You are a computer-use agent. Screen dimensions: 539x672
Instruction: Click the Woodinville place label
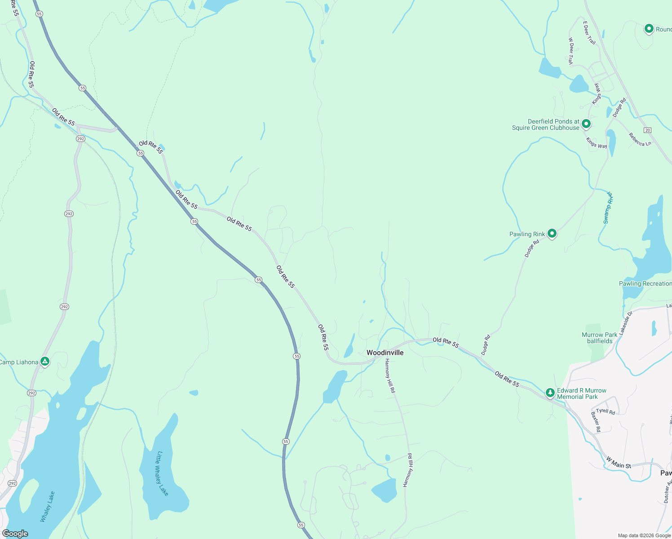[385, 353]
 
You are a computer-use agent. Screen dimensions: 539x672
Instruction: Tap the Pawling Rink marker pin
[552, 234]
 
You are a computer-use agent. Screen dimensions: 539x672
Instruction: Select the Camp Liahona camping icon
[44, 361]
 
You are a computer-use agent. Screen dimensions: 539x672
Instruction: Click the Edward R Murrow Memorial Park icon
[550, 393]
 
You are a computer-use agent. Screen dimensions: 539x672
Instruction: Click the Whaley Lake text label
[48, 507]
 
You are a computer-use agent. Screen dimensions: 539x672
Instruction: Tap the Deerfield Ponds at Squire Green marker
[586, 124]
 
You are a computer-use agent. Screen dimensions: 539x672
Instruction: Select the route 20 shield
[647, 130]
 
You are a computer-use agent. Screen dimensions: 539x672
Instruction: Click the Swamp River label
[608, 208]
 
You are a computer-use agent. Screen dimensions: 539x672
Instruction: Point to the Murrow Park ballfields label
[599, 338]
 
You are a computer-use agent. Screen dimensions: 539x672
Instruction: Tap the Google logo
[15, 534]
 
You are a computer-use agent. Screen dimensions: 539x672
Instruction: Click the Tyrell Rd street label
[606, 411]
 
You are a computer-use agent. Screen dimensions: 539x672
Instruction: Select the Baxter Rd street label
[596, 422]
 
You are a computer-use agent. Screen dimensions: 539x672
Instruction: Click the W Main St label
[619, 463]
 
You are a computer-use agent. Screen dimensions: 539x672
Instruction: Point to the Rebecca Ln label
[640, 140]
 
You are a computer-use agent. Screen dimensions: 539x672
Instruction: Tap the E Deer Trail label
[589, 33]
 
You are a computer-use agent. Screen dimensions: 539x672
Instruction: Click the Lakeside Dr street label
[625, 323]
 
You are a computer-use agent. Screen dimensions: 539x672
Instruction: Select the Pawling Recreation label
[645, 283]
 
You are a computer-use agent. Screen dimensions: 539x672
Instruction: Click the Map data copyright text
[644, 535]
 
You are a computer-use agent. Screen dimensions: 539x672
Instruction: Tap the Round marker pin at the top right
[649, 29]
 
